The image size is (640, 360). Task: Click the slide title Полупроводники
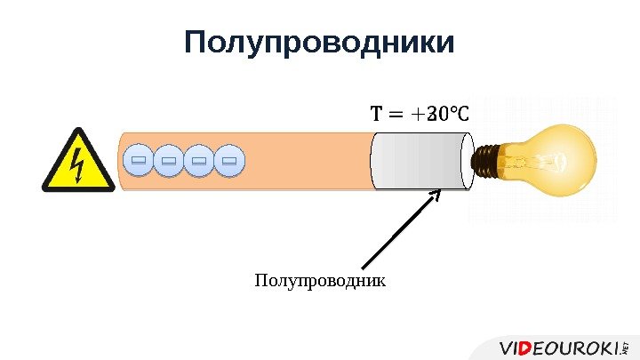click(x=319, y=43)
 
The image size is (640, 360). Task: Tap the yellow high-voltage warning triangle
click(x=78, y=161)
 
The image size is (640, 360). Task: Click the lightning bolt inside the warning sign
click(x=78, y=164)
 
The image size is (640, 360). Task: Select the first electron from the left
click(x=138, y=161)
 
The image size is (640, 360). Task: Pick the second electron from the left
click(x=169, y=161)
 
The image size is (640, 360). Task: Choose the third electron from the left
click(x=199, y=161)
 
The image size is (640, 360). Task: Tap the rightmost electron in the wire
click(x=229, y=161)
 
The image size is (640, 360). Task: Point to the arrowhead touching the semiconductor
click(x=436, y=194)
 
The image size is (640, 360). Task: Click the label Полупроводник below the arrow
click(x=320, y=281)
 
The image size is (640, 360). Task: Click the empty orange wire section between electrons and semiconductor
click(x=307, y=160)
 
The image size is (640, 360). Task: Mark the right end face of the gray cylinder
click(x=468, y=160)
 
